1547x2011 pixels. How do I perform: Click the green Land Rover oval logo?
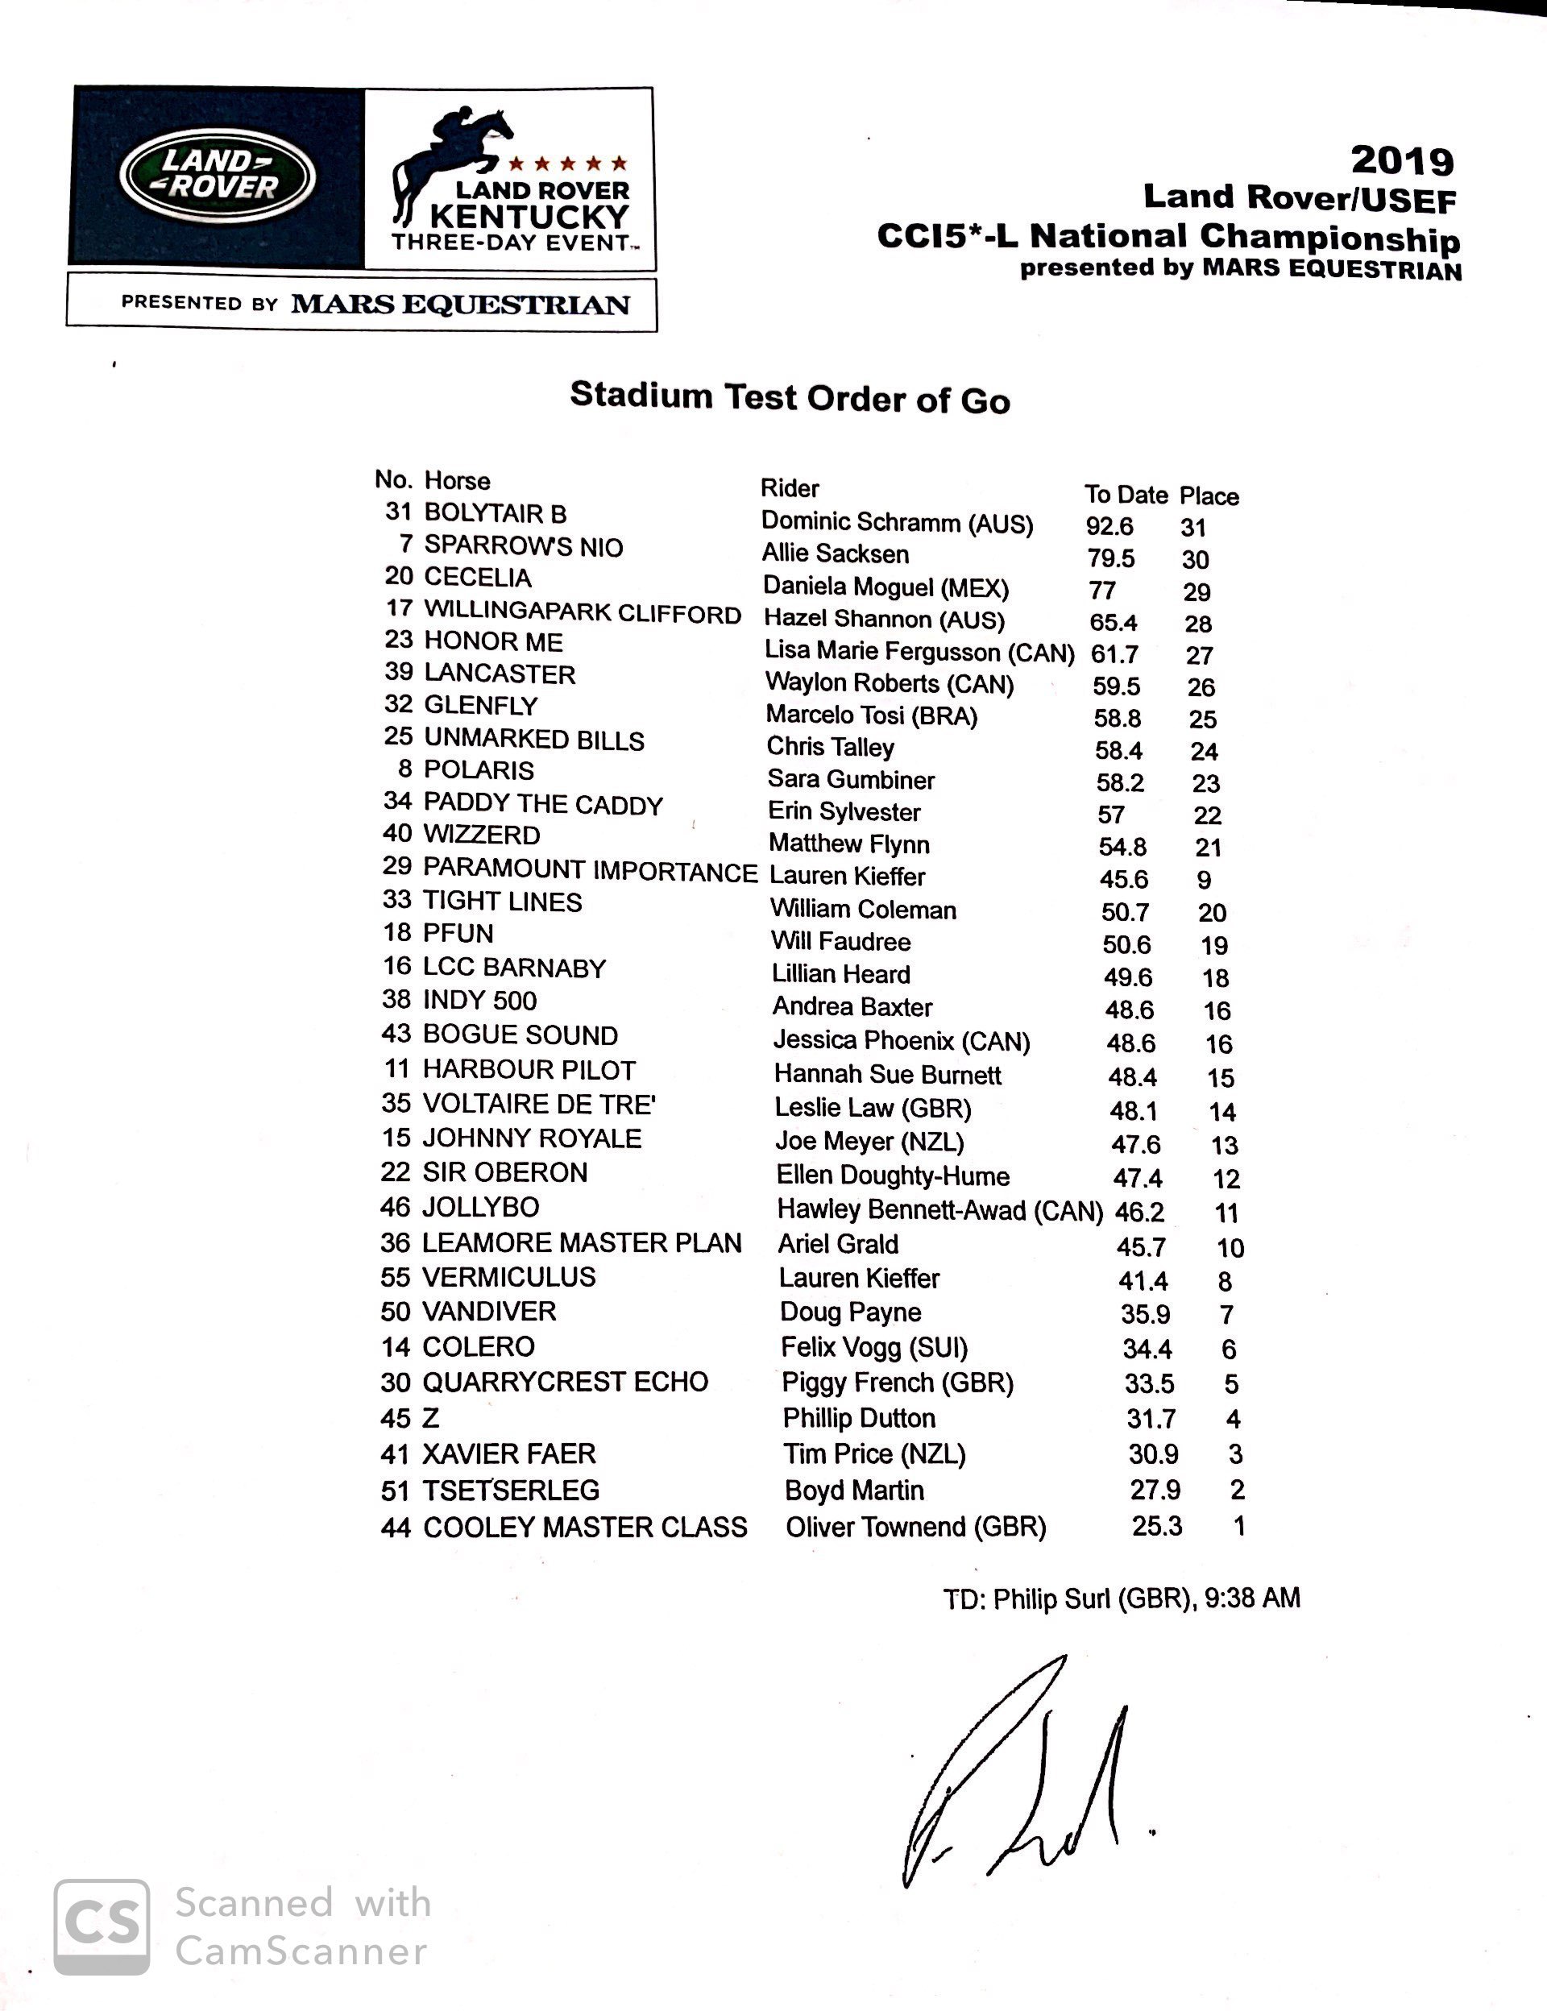218,176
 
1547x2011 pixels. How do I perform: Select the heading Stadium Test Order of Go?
790,398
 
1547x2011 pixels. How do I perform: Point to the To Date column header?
1126,495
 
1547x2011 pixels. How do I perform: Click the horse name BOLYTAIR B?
496,513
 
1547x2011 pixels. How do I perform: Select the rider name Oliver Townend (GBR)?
915,1527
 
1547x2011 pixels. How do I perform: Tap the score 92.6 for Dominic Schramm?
1109,527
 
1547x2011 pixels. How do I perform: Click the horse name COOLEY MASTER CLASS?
585,1528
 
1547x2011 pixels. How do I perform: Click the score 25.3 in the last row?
1156,1526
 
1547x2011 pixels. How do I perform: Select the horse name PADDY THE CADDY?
542,804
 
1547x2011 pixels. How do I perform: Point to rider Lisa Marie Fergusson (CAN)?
919,652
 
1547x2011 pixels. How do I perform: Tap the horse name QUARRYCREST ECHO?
565,1382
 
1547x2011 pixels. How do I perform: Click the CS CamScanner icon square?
102,1926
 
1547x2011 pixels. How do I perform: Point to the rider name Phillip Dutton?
858,1418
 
